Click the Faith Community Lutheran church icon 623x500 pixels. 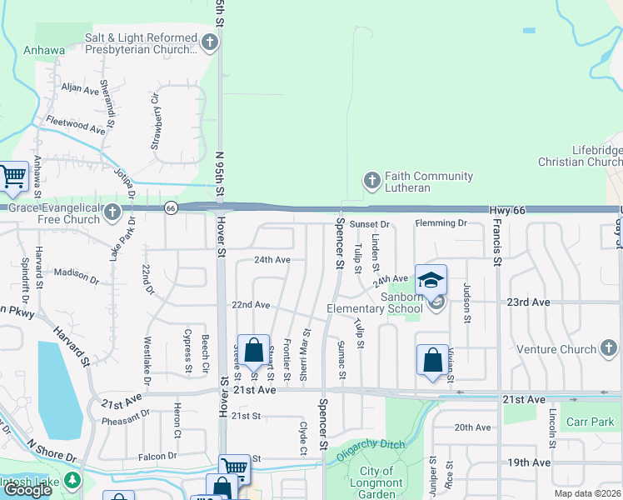pyautogui.click(x=372, y=180)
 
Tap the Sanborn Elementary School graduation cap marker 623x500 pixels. pyautogui.click(x=431, y=281)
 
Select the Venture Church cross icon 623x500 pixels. pyautogui.click(x=609, y=348)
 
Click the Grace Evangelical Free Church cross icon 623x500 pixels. pyautogui.click(x=113, y=214)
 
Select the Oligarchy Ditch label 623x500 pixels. pyautogui.click(x=371, y=449)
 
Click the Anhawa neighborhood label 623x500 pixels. pyautogui.click(x=45, y=50)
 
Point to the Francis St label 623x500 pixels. pyautogui.click(x=497, y=242)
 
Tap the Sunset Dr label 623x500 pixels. pyautogui.click(x=370, y=224)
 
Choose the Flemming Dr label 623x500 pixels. pyautogui.click(x=441, y=223)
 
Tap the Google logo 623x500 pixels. pyautogui.click(x=27, y=490)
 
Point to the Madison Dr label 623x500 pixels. pyautogui.click(x=77, y=272)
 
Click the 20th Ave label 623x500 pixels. pyautogui.click(x=472, y=427)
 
